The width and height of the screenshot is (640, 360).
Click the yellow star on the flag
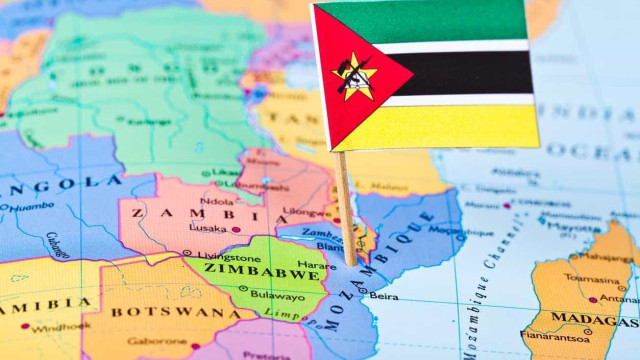[354, 77]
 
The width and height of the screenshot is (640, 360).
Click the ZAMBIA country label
[196, 213]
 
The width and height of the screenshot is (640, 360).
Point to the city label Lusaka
[208, 229]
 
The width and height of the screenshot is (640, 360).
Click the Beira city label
[383, 297]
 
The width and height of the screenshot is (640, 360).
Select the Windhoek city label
[60, 326]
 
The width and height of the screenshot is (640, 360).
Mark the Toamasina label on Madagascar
[591, 279]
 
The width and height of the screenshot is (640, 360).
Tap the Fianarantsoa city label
[555, 337]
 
